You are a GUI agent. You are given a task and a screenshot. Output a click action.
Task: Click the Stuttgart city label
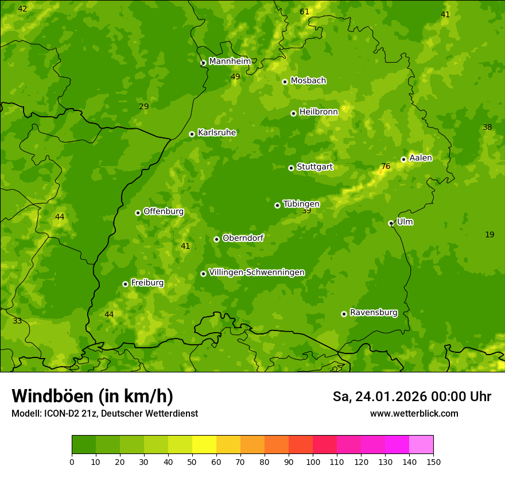tap(314, 167)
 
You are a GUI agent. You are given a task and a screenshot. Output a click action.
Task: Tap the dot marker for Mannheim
tap(203, 63)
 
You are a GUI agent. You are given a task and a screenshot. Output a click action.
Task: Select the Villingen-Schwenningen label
tap(257, 272)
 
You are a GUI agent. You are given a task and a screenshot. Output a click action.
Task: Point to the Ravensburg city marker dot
tap(344, 314)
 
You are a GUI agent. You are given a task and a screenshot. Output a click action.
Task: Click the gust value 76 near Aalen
tap(386, 167)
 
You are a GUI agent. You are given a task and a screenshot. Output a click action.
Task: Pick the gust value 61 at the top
tap(305, 11)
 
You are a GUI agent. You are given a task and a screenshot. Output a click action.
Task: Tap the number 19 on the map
tap(490, 234)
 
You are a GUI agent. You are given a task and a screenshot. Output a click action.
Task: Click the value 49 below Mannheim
tap(235, 76)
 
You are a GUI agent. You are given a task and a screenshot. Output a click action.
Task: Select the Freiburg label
tap(147, 283)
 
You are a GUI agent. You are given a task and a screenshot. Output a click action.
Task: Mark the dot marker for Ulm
tap(391, 223)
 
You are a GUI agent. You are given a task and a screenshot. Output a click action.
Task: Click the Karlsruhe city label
tap(217, 133)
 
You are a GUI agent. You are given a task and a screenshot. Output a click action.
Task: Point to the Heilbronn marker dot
tap(293, 113)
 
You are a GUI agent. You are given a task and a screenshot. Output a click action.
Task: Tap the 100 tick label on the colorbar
tap(313, 461)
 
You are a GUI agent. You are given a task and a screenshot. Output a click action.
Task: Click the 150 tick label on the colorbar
tap(433, 461)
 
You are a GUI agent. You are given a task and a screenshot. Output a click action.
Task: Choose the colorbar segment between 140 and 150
tap(421, 445)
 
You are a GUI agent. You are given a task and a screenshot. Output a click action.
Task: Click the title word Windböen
tap(52, 396)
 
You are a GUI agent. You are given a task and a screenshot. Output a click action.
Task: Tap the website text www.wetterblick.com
tap(414, 413)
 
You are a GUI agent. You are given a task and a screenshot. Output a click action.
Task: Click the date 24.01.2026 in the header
tap(390, 397)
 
